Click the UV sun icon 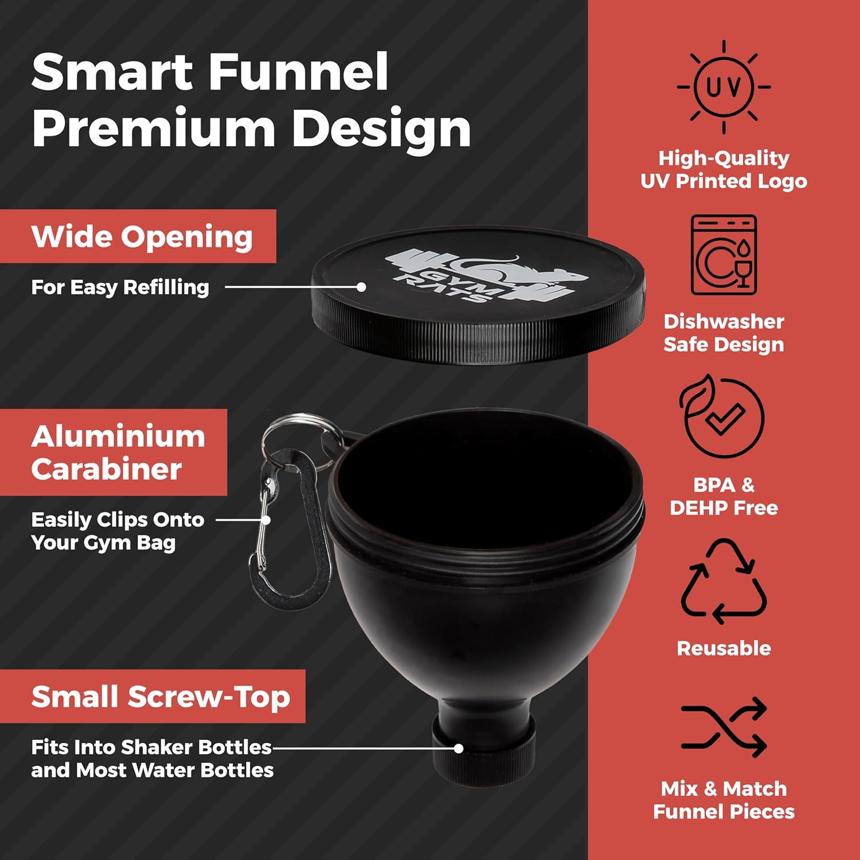click(x=724, y=87)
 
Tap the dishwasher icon click(x=724, y=255)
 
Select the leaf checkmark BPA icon click(x=722, y=416)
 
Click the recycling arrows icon click(x=724, y=581)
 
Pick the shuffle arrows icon click(x=724, y=727)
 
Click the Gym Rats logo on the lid click(x=487, y=275)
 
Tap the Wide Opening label click(x=142, y=236)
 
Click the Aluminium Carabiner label click(x=118, y=452)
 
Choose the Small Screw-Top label click(x=161, y=697)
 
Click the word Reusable click(x=724, y=648)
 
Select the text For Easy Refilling click(x=120, y=287)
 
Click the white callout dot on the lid click(x=361, y=287)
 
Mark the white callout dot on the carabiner click(x=265, y=520)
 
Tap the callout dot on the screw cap click(x=458, y=748)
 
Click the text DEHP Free click(x=724, y=507)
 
